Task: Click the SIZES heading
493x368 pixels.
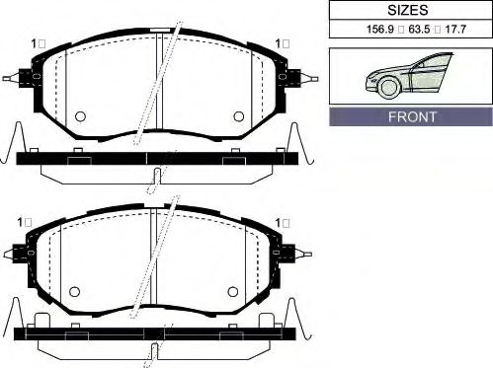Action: [x=408, y=10]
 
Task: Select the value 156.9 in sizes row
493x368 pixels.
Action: [x=380, y=30]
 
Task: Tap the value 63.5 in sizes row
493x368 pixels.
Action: [x=419, y=30]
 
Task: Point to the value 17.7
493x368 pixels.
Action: [x=455, y=30]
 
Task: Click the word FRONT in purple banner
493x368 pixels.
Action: [x=412, y=116]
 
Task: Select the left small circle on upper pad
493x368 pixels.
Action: [x=80, y=116]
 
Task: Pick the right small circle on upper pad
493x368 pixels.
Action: [x=239, y=116]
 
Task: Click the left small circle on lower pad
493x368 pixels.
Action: [x=75, y=291]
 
